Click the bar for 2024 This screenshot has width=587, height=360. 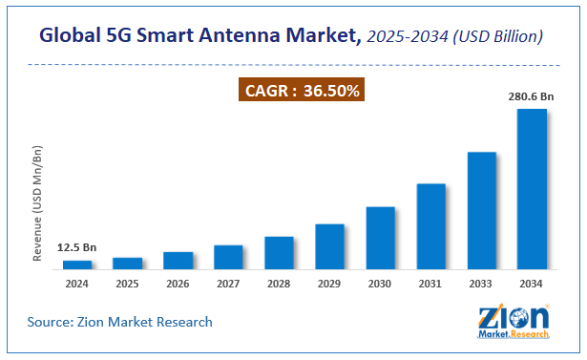coord(77,264)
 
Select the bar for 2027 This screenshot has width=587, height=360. coord(228,256)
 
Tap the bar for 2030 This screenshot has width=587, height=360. coord(380,237)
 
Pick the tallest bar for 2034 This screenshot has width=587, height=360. coord(532,188)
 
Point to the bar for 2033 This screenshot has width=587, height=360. coord(481,210)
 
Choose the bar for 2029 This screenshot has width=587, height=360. coord(329,245)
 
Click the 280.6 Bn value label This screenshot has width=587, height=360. coord(531,96)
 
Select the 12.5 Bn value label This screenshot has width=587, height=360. coord(77,247)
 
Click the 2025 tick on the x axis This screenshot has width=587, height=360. coord(128,284)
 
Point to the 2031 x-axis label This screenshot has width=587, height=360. coord(430,284)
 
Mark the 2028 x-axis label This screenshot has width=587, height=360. coord(279,284)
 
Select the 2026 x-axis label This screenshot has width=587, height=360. coord(178,284)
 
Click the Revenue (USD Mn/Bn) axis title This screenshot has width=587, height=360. coord(38,204)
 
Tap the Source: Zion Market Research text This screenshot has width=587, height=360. coord(120,322)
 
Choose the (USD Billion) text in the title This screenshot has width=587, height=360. coord(500,36)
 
